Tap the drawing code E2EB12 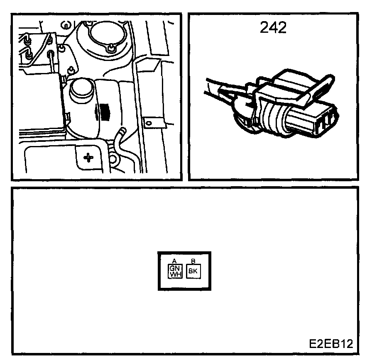point(331,344)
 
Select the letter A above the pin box point(174,260)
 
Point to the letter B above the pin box point(193,260)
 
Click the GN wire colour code point(174,268)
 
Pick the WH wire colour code point(174,275)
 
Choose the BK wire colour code point(193,271)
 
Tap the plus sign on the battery point(88,157)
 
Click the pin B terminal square point(193,271)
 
